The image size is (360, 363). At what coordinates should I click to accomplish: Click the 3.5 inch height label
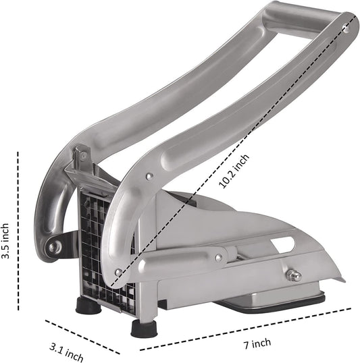click(5, 241)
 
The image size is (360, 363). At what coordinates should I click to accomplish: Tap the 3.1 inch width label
click(67, 354)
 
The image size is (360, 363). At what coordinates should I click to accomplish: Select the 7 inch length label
click(257, 343)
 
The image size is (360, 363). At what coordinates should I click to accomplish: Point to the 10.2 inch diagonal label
click(234, 171)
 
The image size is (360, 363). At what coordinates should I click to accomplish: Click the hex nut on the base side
click(293, 275)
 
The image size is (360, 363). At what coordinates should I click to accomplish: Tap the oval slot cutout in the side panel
click(283, 244)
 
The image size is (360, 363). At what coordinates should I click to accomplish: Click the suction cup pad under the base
click(269, 302)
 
